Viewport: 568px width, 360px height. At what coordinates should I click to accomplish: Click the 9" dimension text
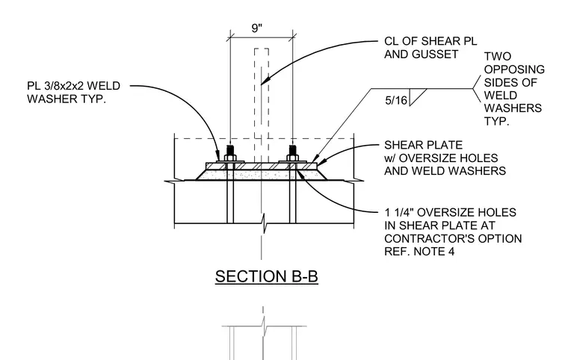pos(257,28)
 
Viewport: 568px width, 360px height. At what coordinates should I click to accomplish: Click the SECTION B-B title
pos(267,276)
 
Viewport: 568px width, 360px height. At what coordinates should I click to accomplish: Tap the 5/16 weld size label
pos(396,100)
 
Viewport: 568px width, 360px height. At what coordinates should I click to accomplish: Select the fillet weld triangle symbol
pos(417,97)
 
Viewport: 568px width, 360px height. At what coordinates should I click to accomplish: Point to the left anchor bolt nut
pos(230,158)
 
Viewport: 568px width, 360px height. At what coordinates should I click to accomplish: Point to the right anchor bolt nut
pos(293,158)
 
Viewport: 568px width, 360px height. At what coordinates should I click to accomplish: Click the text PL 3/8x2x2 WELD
pos(73,86)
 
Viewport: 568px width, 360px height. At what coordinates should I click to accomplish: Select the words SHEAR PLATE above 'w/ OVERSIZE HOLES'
pos(423,145)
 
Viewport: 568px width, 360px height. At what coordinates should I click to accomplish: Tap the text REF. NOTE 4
pos(419,252)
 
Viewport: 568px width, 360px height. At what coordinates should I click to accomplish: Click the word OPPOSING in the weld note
pos(514,69)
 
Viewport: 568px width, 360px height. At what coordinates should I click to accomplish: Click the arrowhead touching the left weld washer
pos(217,156)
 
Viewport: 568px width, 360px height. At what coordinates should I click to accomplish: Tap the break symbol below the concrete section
pos(265,223)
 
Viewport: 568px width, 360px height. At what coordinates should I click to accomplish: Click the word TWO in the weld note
pos(498,56)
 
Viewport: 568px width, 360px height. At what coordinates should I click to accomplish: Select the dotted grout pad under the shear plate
pos(262,175)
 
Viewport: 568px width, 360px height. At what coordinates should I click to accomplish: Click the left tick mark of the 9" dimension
pos(230,37)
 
